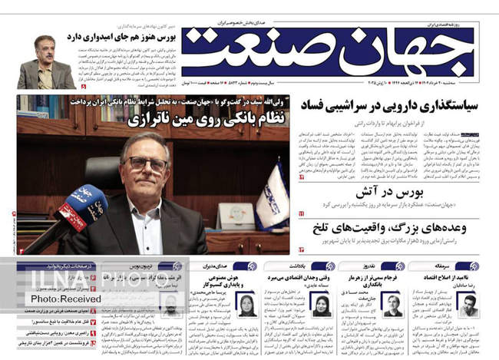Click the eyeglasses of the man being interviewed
point(147,163)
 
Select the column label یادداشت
point(324,266)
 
